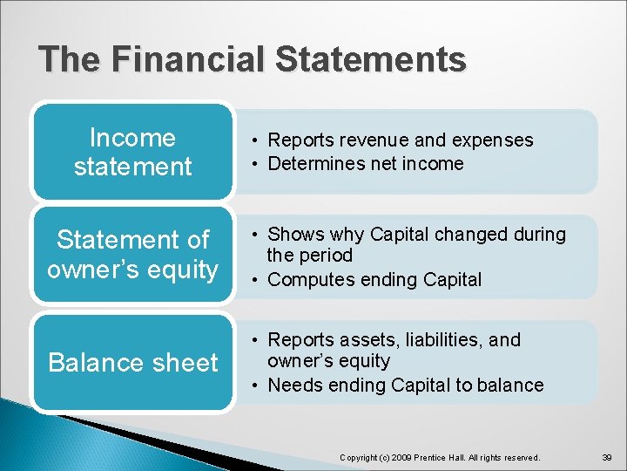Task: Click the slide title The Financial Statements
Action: (x=253, y=59)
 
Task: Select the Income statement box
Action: (x=132, y=152)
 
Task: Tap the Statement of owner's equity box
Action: (x=132, y=254)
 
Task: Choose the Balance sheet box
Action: (x=132, y=363)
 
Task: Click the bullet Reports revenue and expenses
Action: (x=400, y=140)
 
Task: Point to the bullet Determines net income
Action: (x=365, y=163)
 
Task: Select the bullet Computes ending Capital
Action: (x=374, y=279)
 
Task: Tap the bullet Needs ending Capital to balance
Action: (x=405, y=385)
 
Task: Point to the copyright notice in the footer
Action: (x=440, y=457)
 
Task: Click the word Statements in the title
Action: (x=370, y=59)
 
